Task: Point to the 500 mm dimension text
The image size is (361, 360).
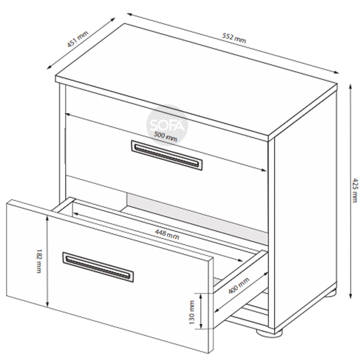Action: point(165,136)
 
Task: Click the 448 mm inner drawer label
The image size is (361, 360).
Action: point(167,234)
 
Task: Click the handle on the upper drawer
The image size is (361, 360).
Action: point(167,156)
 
